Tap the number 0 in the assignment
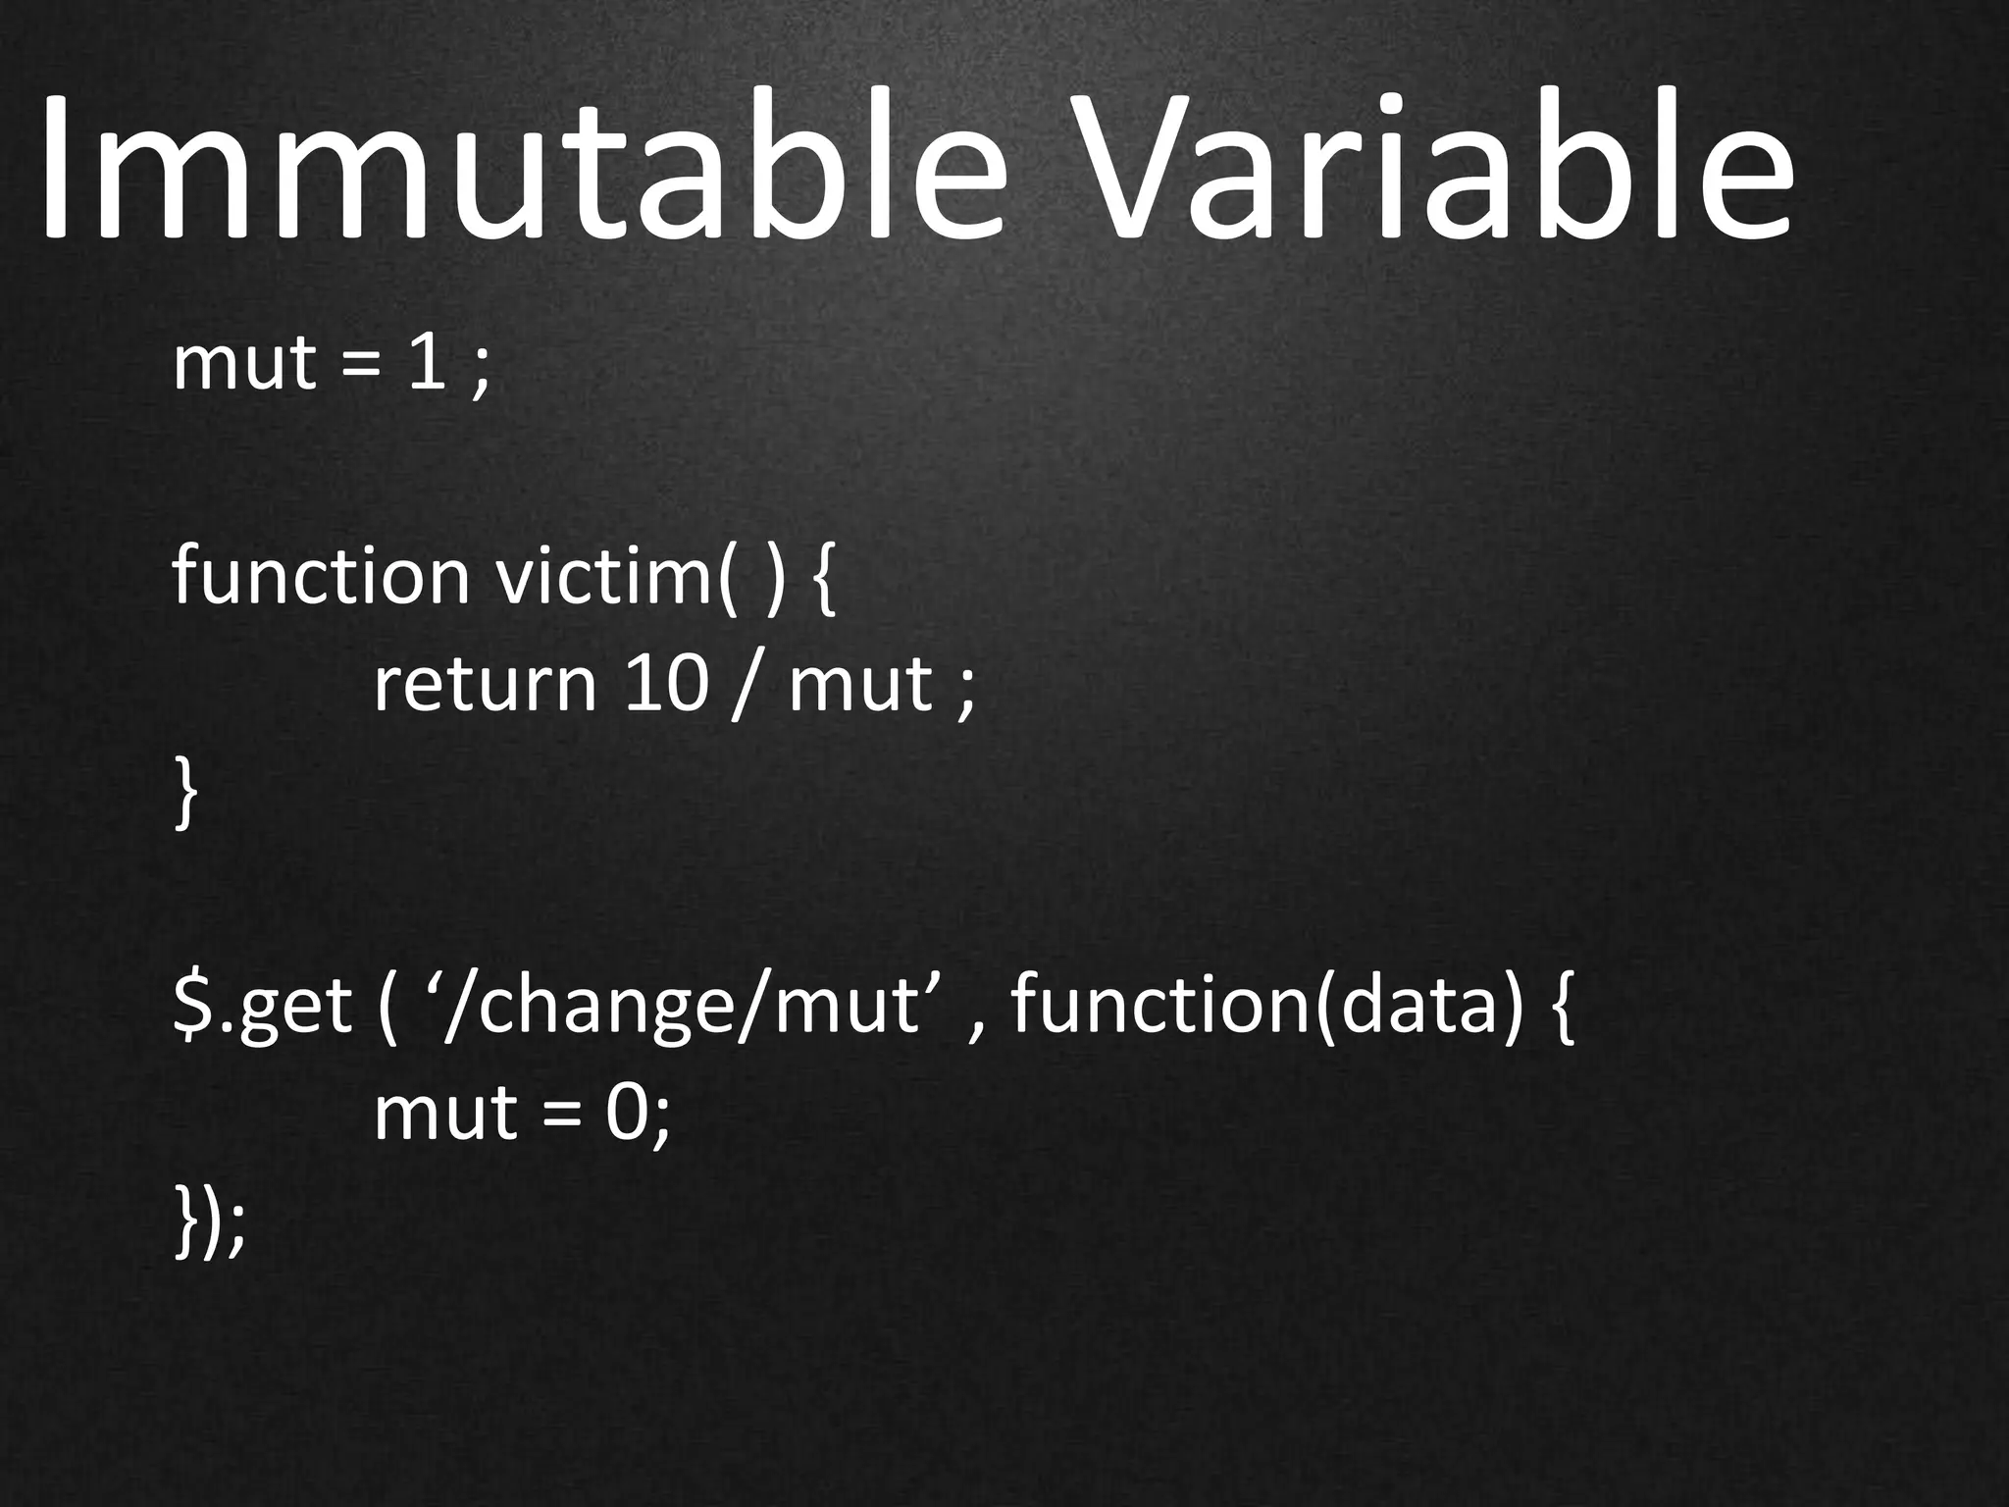click(x=625, y=1115)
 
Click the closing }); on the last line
click(x=208, y=1222)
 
